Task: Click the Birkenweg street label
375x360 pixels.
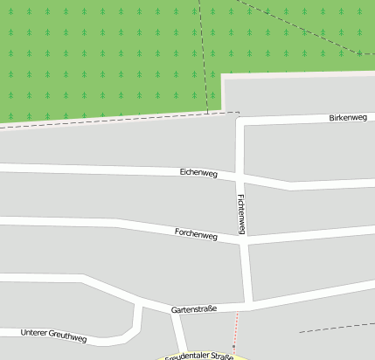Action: pyautogui.click(x=348, y=117)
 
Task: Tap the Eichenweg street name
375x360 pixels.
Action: pyautogui.click(x=198, y=173)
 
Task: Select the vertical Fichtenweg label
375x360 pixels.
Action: pyautogui.click(x=242, y=213)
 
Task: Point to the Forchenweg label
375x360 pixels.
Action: pyautogui.click(x=196, y=234)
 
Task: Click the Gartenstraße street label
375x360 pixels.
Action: pyautogui.click(x=194, y=308)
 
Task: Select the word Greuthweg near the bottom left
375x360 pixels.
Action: pyautogui.click(x=69, y=337)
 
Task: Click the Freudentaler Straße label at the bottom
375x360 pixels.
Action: pyautogui.click(x=198, y=357)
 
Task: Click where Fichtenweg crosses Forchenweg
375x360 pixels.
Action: pyautogui.click(x=244, y=242)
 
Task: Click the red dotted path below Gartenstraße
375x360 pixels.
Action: pyautogui.click(x=234, y=332)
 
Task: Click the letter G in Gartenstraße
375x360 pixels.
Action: pyautogui.click(x=174, y=310)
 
